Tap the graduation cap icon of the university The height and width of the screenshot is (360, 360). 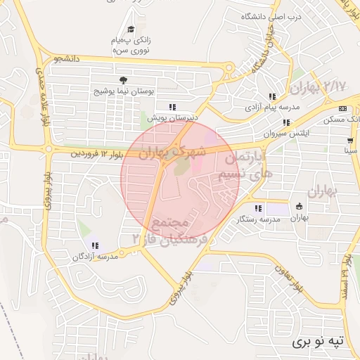(x=131, y=30)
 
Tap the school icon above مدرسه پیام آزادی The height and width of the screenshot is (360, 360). (x=271, y=97)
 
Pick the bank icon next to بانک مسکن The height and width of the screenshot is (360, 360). (x=342, y=108)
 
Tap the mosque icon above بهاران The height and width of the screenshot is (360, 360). (x=300, y=207)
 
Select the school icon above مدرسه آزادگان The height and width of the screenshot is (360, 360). (x=95, y=245)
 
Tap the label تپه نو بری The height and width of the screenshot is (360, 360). (x=320, y=341)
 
